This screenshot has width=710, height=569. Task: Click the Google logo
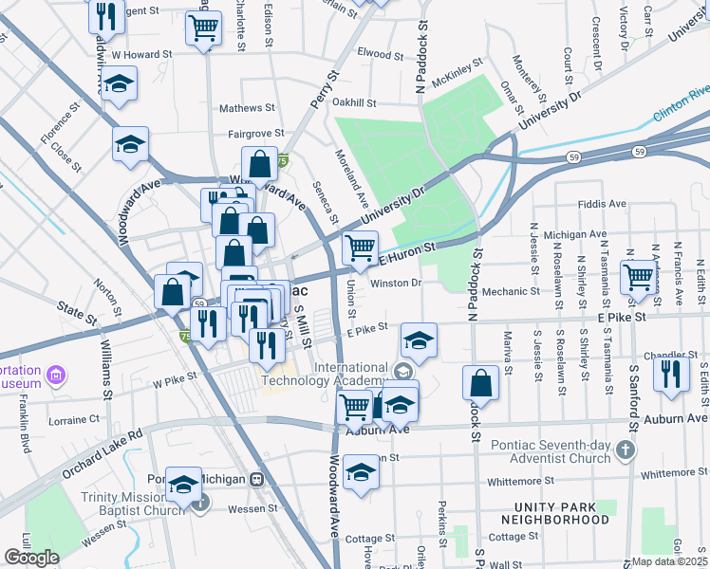[31, 558]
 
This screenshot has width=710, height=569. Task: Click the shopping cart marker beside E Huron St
[360, 248]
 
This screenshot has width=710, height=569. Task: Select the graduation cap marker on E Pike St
[418, 339]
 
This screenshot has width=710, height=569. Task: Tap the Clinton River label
[680, 107]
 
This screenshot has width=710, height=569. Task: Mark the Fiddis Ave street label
[602, 204]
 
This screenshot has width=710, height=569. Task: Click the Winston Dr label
[395, 282]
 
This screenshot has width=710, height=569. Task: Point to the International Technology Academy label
[351, 374]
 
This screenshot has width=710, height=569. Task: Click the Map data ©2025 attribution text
[669, 561]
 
